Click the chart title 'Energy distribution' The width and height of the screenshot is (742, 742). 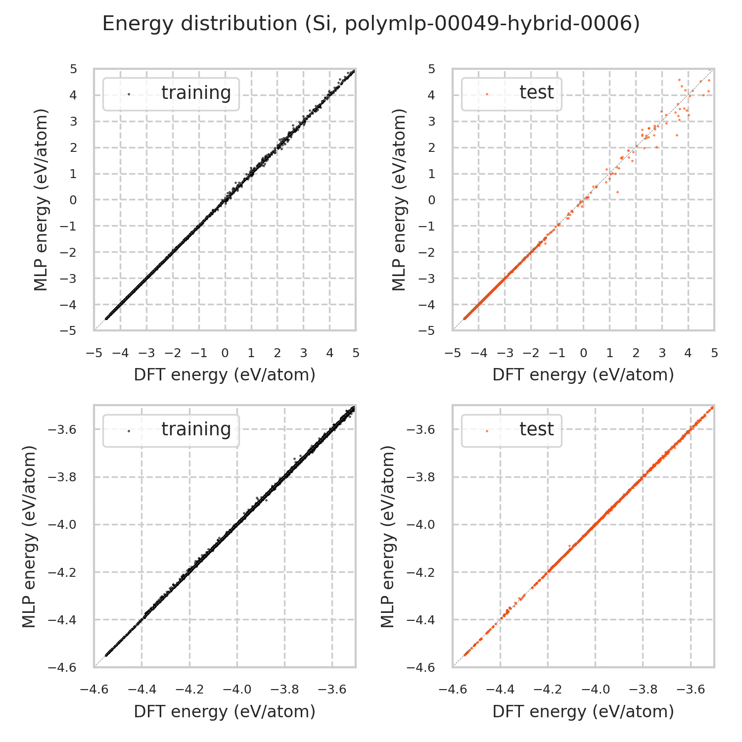coord(371,24)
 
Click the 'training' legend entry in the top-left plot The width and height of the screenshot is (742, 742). coord(196,93)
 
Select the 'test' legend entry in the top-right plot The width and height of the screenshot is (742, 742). coord(536,93)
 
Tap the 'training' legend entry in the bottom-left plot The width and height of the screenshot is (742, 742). coord(196,429)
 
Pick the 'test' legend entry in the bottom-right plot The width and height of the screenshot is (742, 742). coord(536,429)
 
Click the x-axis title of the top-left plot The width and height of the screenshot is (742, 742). coord(225,375)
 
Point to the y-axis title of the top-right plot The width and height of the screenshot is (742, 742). coord(399,200)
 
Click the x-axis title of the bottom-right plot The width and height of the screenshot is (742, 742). coord(583,711)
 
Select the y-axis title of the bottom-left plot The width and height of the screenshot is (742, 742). coord(30,536)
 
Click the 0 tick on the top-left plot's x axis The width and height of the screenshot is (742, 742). coord(225,353)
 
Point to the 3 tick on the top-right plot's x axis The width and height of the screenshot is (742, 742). coord(662,353)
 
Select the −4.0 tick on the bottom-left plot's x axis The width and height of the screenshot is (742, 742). coord(237,690)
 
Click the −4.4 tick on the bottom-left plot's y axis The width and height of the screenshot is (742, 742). coord(62,620)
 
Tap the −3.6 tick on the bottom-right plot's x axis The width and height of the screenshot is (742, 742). coord(690,690)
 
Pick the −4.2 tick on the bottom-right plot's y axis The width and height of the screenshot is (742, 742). coord(420,572)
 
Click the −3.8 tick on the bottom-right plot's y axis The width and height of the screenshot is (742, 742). coord(420,477)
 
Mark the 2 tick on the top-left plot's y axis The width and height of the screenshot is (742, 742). coord(73,147)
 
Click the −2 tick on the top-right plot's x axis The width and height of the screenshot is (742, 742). coord(531,353)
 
